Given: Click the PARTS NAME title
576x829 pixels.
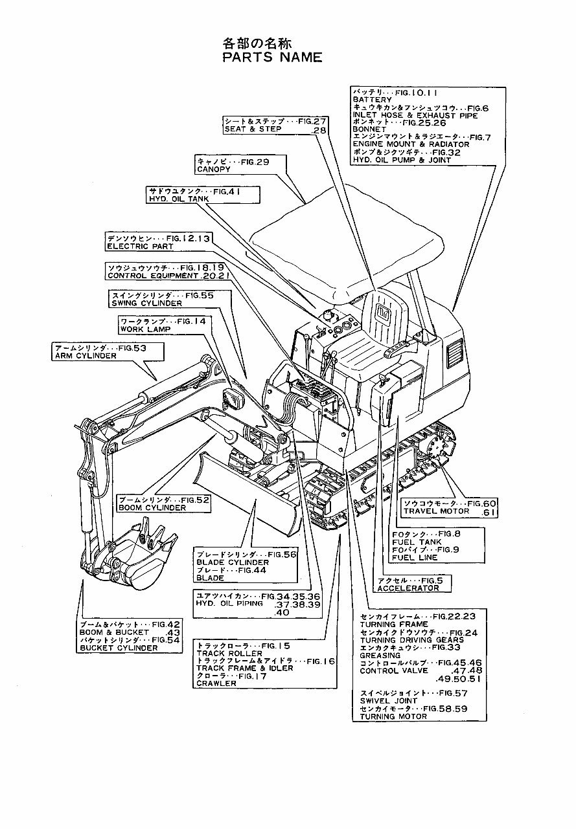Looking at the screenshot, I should pyautogui.click(x=271, y=58).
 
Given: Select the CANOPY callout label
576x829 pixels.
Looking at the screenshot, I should pyautogui.click(x=214, y=169).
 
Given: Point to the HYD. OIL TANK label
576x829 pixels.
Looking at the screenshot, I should pyautogui.click(x=176, y=200).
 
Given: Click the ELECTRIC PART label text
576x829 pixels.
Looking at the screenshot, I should pyautogui.click(x=140, y=247).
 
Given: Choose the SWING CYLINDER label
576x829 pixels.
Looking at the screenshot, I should pyautogui.click(x=146, y=303).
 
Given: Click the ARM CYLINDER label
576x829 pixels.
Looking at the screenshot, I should pyautogui.click(x=86, y=356).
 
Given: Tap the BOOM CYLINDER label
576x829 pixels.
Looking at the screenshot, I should pyautogui.click(x=152, y=508).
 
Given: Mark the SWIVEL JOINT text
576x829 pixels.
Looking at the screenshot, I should pyautogui.click(x=389, y=700).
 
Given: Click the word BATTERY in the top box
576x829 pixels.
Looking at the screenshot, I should pyautogui.click(x=373, y=100).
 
